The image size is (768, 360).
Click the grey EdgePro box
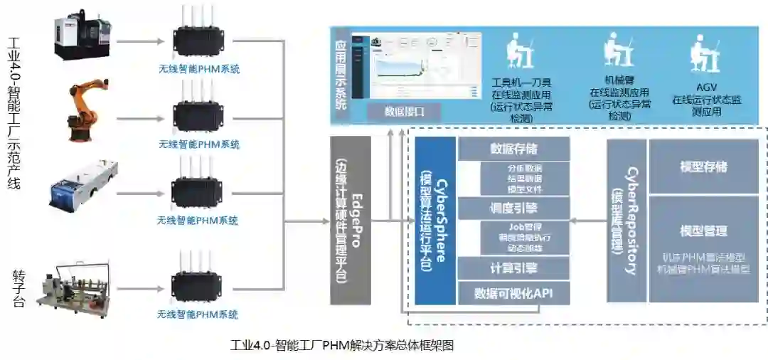351,220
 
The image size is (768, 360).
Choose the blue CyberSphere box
434,220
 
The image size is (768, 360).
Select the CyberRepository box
626,220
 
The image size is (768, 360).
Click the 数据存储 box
513,149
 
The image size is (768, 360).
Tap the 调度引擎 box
513,208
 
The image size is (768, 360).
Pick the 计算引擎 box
513,268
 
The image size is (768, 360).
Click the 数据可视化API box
513,292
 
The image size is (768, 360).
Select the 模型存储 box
703,166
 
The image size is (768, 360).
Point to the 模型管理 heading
703,231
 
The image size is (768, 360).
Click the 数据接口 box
404,112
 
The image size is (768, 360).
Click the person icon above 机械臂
617,50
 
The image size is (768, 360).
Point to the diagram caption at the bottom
342,346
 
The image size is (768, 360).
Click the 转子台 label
19,287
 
